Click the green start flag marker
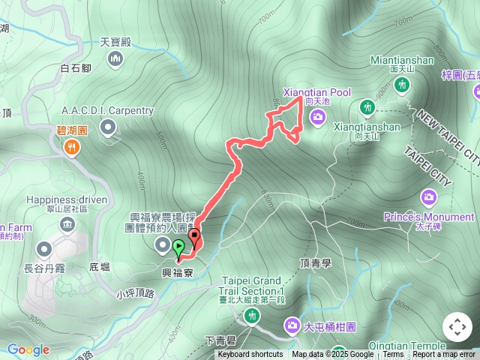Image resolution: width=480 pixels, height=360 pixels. coord(178,247)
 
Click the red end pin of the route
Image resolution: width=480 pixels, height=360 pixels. coord(195,238)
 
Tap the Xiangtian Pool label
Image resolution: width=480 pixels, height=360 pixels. coord(316,92)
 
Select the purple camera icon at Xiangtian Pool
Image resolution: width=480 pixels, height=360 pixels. coord(317,116)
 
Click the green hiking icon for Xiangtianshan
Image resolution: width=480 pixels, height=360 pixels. coord(367,108)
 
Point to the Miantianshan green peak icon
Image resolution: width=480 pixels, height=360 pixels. coord(403,85)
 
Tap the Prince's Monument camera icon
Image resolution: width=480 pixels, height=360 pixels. coord(428,198)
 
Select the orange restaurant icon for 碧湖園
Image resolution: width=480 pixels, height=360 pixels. coord(72,148)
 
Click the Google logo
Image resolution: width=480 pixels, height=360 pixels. coord(28,349)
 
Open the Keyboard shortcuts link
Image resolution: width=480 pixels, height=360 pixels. coord(250,355)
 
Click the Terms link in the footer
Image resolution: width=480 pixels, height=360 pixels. coord(393,355)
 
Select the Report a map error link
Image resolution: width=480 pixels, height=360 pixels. coord(443,355)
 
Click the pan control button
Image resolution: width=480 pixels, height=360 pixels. coord(457,327)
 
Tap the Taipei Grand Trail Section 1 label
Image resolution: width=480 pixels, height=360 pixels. coord(253,286)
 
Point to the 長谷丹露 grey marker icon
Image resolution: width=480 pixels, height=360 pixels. coord(43,248)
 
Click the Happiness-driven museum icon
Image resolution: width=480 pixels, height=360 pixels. coord(68,225)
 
